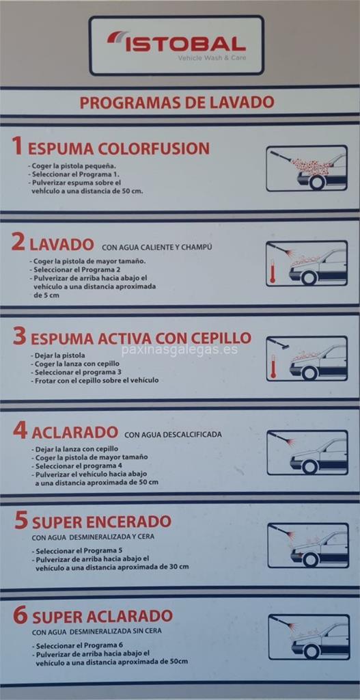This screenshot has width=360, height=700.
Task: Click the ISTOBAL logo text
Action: tap(185, 44)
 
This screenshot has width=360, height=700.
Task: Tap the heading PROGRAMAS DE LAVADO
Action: tap(177, 103)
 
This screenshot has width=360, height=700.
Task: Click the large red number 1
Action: tap(17, 146)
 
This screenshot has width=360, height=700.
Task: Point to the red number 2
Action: tap(18, 243)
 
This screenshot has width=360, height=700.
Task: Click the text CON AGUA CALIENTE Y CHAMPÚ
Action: tap(156, 247)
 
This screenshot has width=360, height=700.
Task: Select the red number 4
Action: tap(20, 431)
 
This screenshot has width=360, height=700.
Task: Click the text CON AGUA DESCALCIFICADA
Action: tap(173, 434)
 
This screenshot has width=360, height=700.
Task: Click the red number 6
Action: tap(20, 615)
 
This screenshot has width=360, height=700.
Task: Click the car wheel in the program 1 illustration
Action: tap(317, 181)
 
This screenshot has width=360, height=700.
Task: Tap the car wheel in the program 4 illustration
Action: tap(309, 466)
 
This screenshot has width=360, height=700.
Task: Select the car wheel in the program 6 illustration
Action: tap(311, 651)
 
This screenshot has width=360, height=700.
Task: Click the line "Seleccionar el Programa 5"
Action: tap(73, 550)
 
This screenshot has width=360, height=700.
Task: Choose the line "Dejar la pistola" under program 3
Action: tap(58, 355)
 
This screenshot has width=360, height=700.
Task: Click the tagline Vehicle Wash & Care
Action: tap(212, 58)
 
